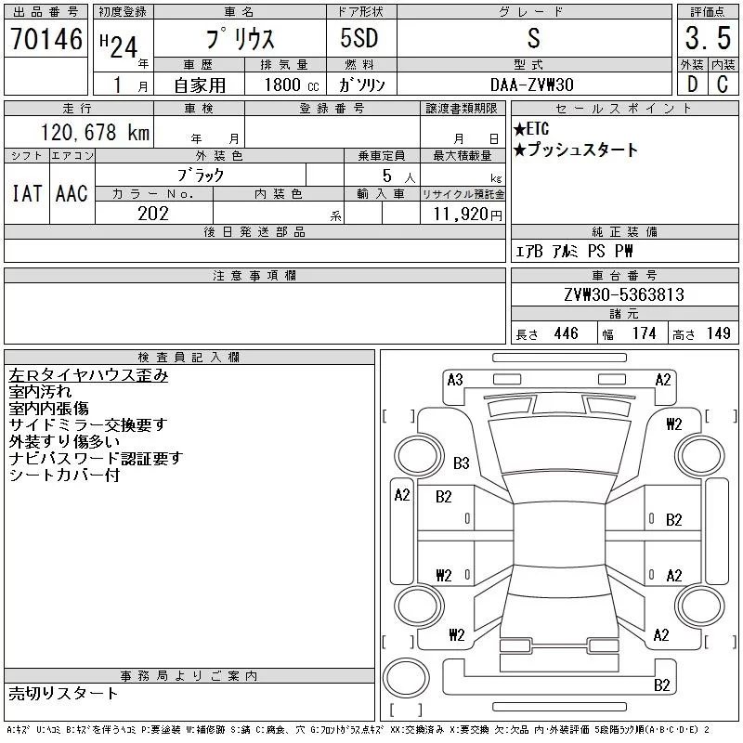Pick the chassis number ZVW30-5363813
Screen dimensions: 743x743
point(623,295)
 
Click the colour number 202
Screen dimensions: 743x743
point(153,214)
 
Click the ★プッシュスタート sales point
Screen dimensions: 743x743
point(576,150)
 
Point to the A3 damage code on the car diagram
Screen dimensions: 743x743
point(455,379)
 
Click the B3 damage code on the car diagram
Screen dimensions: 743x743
point(461,463)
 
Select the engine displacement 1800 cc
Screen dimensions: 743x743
point(290,84)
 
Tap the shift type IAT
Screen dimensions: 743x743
point(26,193)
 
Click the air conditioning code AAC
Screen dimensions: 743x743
point(71,193)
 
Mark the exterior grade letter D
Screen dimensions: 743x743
point(691,84)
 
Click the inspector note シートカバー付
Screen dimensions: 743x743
point(64,475)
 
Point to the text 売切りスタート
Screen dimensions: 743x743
point(63,693)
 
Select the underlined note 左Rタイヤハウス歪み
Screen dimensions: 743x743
point(88,375)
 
